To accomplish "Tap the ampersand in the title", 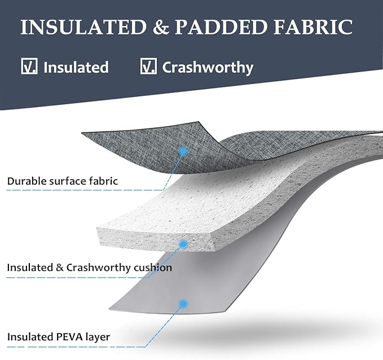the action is pos(161,27).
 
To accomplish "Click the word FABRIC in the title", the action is pos(313,26).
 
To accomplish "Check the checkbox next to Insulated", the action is pos(29,66).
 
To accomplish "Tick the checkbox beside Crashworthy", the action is pos(148,66).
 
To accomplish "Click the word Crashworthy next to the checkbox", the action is pos(208,68).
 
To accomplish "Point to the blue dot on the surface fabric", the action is pos(183,152).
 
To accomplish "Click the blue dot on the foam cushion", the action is pos(183,244).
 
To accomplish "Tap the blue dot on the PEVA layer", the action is pos(183,304).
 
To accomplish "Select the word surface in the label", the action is pos(68,182).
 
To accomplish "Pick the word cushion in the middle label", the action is pos(153,268).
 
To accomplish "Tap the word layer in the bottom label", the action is pos(98,337).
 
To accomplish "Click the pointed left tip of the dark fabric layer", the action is pos(82,133).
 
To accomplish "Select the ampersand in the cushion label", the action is pos(60,268).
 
